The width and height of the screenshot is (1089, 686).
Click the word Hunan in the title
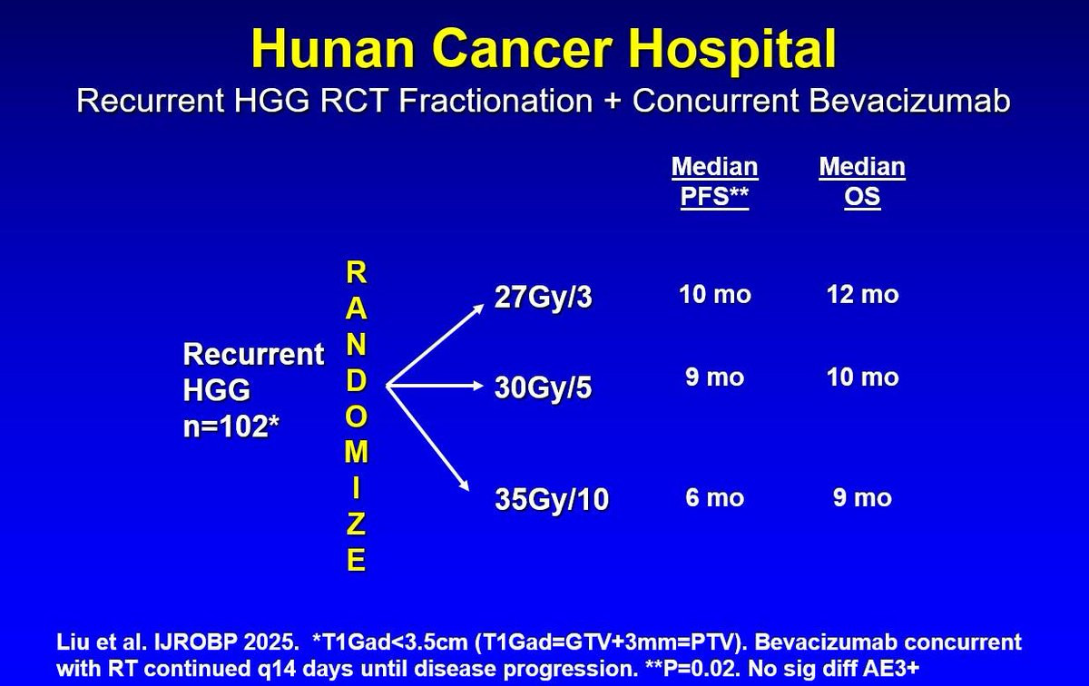(332, 49)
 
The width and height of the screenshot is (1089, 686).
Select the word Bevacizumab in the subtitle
(909, 101)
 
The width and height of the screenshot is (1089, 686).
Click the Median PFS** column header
(715, 181)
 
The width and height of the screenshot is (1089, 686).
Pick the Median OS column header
(862, 181)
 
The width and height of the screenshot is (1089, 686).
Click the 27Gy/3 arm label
(543, 297)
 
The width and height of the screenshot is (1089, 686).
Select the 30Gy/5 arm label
(543, 387)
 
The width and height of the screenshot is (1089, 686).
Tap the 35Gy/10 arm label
(552, 499)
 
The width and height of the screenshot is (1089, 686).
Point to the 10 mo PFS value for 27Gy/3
(715, 294)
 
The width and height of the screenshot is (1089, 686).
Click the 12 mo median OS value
(863, 294)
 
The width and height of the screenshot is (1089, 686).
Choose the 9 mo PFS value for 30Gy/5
(715, 377)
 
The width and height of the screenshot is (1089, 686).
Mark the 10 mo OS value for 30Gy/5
(863, 377)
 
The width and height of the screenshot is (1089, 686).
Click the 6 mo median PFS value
(715, 497)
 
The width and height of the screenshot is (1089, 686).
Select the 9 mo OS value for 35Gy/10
(862, 497)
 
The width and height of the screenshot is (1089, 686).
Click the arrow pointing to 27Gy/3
(435, 345)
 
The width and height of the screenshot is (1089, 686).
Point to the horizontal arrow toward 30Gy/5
(435, 386)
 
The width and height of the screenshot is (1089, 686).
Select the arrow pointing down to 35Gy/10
(427, 438)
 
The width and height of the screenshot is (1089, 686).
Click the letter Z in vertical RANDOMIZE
(356, 524)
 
